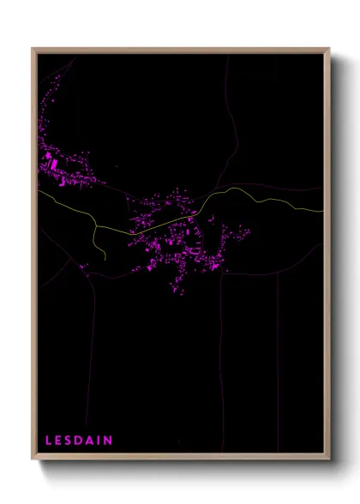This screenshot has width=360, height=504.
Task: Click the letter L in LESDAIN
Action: (49, 441)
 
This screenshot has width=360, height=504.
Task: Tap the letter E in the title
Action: (59, 441)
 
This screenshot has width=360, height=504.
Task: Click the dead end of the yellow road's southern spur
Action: (105, 258)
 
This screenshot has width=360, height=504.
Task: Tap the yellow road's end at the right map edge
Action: (323, 210)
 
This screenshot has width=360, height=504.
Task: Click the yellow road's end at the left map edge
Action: (39, 191)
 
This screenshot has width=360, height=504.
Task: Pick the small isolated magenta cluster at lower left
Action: (85, 267)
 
